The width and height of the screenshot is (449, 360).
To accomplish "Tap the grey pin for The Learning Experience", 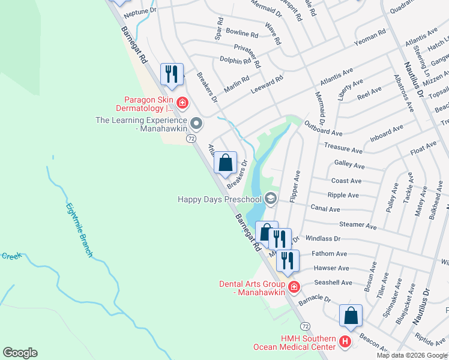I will click(196, 124).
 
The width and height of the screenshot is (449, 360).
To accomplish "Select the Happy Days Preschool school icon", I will click(271, 199).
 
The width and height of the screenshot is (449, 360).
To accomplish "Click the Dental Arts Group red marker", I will click(294, 287).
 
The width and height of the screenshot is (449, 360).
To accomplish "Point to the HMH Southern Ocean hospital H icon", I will click(345, 343).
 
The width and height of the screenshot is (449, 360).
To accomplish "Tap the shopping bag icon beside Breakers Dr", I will click(226, 163).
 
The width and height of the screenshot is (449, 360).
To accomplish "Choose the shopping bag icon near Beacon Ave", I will click(351, 316).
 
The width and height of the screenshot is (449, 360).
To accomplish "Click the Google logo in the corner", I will click(20, 353).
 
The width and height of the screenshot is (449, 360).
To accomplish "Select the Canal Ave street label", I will click(325, 209).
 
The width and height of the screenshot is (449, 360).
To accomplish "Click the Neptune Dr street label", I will click(140, 11).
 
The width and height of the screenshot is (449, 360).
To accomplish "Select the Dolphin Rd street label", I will click(235, 61).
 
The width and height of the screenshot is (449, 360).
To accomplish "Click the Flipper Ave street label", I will click(295, 185).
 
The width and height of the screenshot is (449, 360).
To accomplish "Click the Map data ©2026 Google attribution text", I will click(412, 355).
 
